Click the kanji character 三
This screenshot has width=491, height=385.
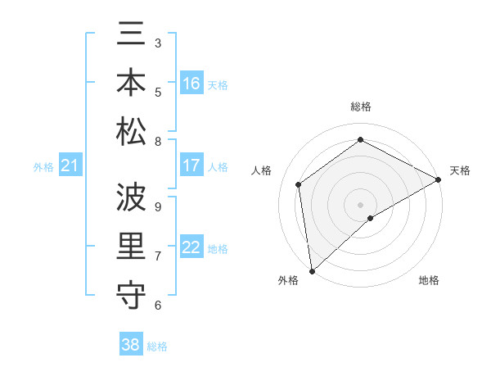click(131, 34)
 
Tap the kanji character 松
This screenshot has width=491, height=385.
click(131, 131)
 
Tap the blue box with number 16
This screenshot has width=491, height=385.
click(191, 84)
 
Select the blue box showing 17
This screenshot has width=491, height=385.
click(191, 165)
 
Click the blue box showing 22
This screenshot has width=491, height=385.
click(191, 247)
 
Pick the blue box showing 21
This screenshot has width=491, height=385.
click(70, 166)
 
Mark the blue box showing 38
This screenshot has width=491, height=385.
click(131, 345)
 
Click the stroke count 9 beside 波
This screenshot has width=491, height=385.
click(158, 206)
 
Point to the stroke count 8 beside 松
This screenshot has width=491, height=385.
click(158, 142)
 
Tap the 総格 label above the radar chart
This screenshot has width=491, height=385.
click(361, 106)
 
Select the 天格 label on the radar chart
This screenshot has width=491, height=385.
click(460, 170)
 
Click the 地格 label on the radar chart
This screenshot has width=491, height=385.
click(429, 280)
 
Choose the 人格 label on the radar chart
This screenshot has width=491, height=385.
click(262, 170)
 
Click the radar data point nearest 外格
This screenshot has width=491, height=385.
click(312, 270)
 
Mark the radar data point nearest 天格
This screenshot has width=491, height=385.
click(439, 179)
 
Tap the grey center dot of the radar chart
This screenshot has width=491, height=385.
click(360, 203)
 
